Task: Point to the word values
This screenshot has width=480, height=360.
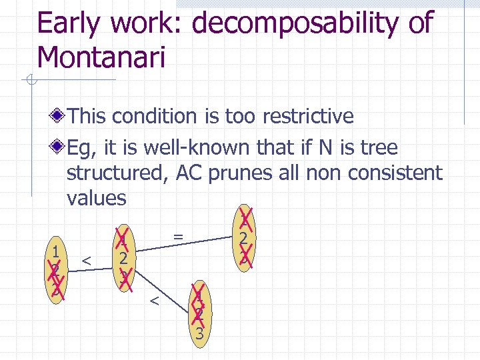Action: pyautogui.click(x=97, y=198)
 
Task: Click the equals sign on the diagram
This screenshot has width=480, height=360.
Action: pyautogui.click(x=178, y=235)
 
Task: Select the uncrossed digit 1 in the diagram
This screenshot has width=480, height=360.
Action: pyautogui.click(x=57, y=251)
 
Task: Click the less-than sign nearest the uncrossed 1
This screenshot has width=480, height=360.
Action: pyautogui.click(x=86, y=259)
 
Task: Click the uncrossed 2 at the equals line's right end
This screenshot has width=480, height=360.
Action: pyautogui.click(x=245, y=238)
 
